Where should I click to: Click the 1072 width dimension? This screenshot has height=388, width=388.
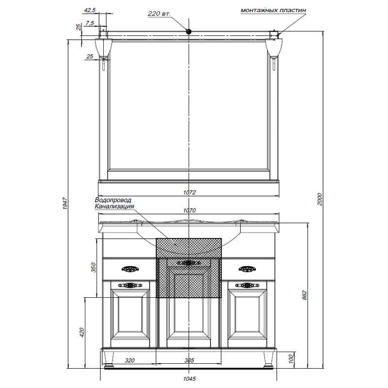click(x=189, y=192)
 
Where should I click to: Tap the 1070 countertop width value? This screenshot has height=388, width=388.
click(x=189, y=210)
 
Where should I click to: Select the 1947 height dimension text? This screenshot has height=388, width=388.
click(x=65, y=203)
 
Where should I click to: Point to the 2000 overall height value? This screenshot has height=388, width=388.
click(x=320, y=199)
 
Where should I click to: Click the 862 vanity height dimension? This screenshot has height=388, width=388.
click(x=305, y=295)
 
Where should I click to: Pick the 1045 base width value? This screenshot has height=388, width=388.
click(x=190, y=379)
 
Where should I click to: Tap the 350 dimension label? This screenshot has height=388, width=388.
click(x=93, y=267)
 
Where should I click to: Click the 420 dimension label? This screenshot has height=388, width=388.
click(x=82, y=332)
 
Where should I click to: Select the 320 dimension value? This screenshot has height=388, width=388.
click(x=129, y=360)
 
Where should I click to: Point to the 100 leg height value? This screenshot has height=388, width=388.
click(x=291, y=358)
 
